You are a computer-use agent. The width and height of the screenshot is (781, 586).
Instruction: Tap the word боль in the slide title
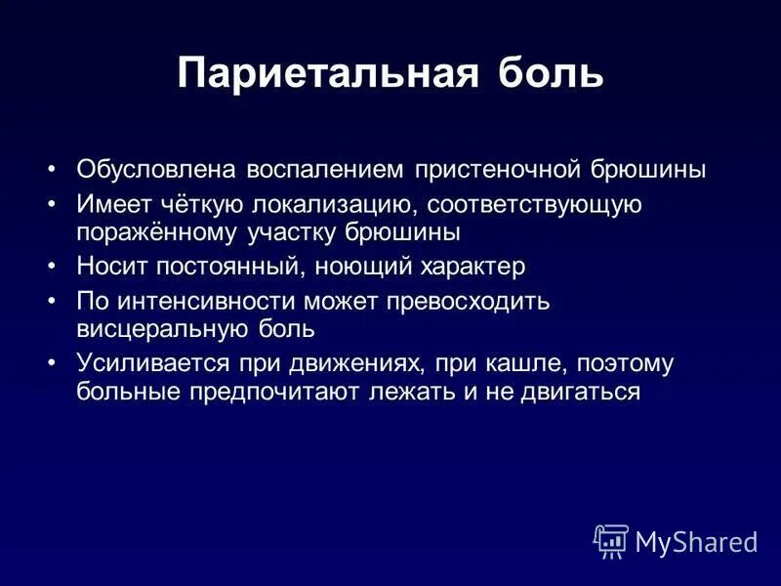click(x=550, y=74)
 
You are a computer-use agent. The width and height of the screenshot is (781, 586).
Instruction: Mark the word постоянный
click(x=225, y=267)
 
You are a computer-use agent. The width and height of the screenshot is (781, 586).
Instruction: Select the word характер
click(x=468, y=267)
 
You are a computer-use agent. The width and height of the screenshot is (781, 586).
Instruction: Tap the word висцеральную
click(x=166, y=328)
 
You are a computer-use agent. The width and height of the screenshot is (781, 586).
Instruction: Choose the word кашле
click(x=527, y=363)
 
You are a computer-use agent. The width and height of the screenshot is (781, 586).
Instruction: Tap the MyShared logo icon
click(x=611, y=541)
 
